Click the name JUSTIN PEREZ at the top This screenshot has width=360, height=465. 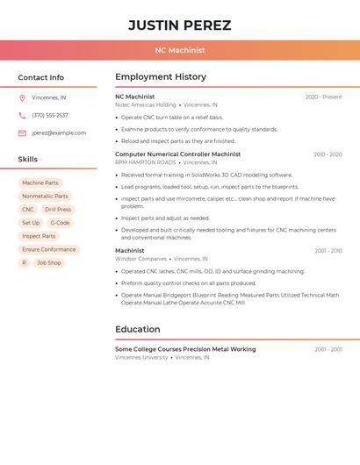click(180, 25)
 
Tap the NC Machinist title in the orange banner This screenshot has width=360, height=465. click(180, 51)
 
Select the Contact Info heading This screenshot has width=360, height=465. click(40, 77)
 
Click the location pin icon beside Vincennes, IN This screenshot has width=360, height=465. click(22, 97)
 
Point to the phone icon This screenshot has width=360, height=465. click(22, 115)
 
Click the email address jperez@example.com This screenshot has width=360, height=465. click(59, 133)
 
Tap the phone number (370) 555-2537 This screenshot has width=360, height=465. click(50, 115)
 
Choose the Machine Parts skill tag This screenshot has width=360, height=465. click(40, 183)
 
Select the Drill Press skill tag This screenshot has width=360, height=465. click(58, 210)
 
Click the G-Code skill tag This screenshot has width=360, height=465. click(60, 223)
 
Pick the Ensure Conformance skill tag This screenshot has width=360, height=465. click(49, 249)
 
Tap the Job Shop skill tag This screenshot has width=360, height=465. click(49, 262)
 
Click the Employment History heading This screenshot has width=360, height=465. click(161, 77)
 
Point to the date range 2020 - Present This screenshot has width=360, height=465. click(323, 97)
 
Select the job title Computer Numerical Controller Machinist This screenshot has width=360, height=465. click(177, 154)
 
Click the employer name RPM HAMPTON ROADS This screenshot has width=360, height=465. click(146, 162)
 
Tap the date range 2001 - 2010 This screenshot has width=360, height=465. click(328, 251)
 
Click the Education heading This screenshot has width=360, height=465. click(138, 330)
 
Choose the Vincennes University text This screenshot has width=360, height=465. click(141, 358)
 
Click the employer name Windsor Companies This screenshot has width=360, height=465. click(140, 259)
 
